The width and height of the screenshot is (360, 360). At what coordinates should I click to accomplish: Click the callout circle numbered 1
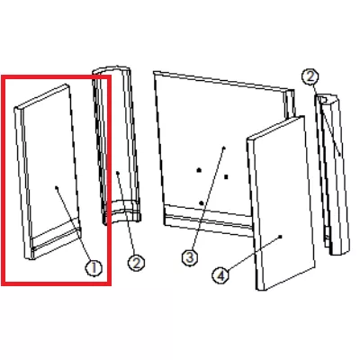(x=94, y=268)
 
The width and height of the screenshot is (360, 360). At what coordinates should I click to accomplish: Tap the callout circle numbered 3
(x=190, y=257)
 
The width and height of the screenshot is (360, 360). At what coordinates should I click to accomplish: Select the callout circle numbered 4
(x=220, y=275)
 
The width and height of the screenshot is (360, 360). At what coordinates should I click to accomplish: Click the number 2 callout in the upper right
(x=310, y=77)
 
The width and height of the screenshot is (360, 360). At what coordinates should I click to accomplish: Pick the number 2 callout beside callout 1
(x=136, y=264)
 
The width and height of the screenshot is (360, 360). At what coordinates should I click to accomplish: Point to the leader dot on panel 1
(x=57, y=188)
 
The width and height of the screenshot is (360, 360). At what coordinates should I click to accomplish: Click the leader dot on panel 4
(x=281, y=237)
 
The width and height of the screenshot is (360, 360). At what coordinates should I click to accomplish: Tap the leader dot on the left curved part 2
(x=118, y=173)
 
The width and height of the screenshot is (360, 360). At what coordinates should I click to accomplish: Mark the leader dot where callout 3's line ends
(x=224, y=148)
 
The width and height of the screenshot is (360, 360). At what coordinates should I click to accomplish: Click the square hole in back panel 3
(x=226, y=177)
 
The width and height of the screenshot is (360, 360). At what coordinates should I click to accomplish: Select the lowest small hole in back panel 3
(x=202, y=203)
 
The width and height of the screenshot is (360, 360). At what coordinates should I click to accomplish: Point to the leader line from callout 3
(x=208, y=199)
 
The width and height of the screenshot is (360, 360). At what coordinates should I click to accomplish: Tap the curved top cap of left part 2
(x=111, y=69)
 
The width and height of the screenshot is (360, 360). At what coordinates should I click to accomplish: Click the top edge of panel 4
(x=275, y=127)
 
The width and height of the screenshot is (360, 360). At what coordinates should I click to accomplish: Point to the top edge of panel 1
(x=42, y=97)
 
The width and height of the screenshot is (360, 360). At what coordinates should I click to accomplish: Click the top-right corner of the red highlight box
(x=111, y=76)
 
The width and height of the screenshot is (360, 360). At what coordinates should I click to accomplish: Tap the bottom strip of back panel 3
(x=208, y=221)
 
